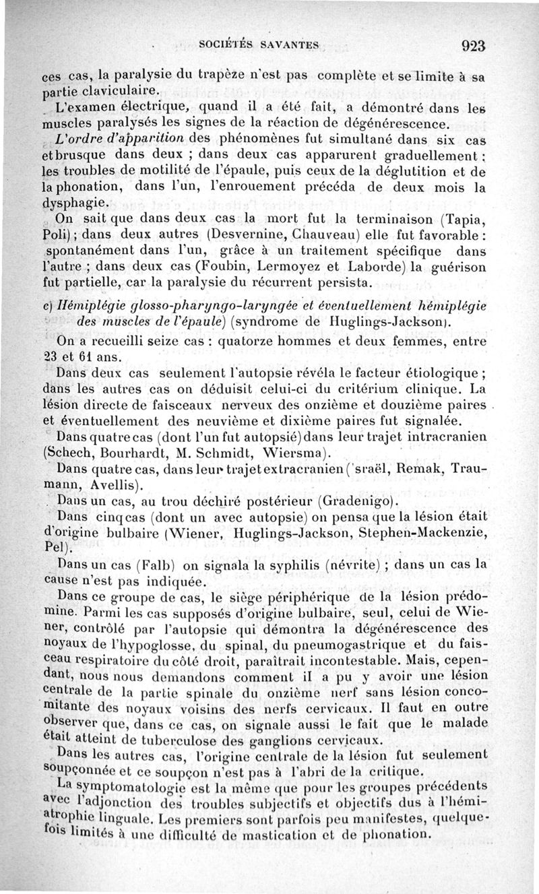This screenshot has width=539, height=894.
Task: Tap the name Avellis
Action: [108, 483]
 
